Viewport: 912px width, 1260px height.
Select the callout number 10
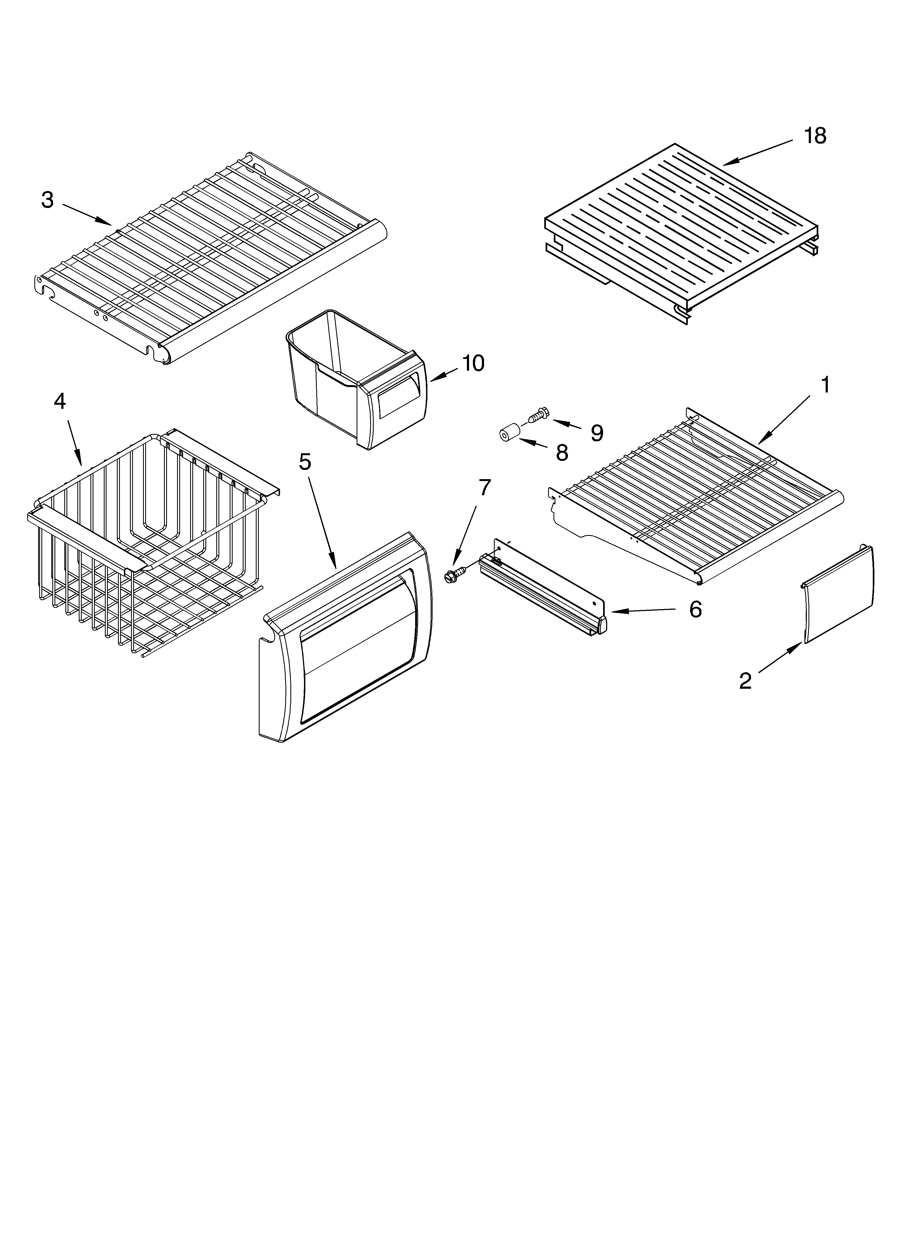click(473, 363)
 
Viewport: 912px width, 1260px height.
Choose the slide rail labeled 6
click(542, 592)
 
